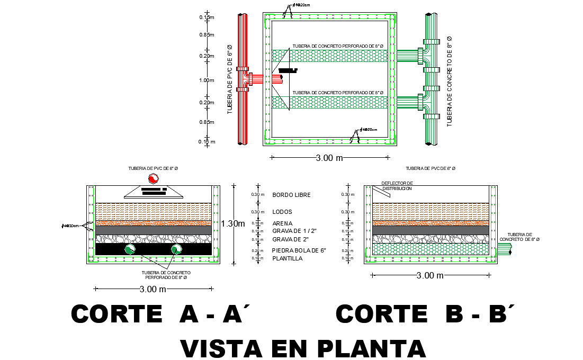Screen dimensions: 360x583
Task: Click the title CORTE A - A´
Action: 160,314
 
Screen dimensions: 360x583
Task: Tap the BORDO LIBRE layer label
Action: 291,195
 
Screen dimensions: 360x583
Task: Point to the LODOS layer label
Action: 282,212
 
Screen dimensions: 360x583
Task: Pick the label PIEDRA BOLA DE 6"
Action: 299,250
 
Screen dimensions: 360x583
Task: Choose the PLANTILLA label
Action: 287,258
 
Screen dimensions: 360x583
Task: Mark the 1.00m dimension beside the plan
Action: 207,80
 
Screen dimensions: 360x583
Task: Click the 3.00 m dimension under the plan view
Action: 330,158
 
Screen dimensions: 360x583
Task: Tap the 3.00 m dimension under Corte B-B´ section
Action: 430,275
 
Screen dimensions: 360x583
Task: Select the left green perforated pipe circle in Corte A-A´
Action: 130,249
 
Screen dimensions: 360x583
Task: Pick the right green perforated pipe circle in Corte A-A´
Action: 176,249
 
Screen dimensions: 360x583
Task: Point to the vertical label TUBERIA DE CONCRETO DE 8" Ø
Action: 449,80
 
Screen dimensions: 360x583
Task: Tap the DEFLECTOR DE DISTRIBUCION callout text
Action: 397,186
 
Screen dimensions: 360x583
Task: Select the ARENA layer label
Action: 283,223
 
